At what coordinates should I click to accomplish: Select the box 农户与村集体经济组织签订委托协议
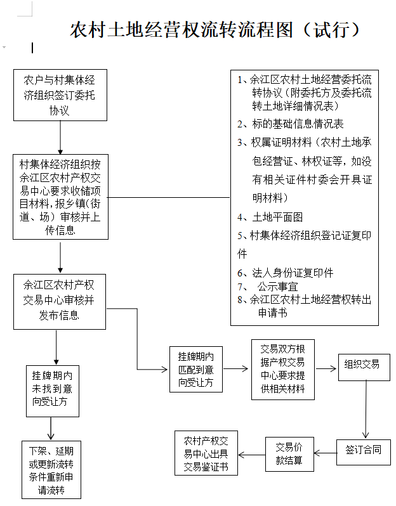60,94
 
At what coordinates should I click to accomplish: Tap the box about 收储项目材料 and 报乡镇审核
60,196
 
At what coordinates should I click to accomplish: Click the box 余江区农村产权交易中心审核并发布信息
60,301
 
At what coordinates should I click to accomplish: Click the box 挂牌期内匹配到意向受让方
195,369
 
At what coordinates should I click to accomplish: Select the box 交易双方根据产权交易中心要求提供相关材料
282,369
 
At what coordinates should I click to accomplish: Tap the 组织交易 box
363,365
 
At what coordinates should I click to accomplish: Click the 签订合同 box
364,451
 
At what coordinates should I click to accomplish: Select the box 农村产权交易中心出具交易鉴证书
206,453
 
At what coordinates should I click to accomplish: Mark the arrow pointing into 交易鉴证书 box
252,453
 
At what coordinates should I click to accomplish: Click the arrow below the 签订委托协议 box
60,135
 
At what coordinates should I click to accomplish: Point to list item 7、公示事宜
273,286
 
